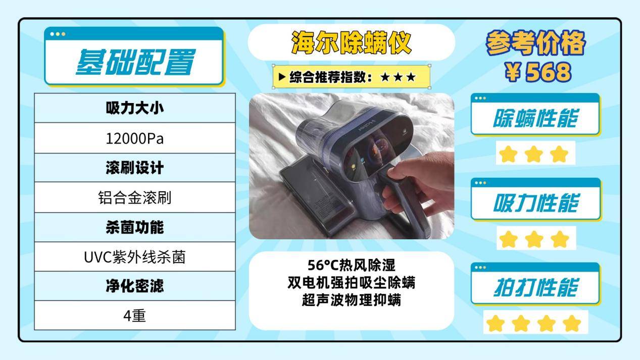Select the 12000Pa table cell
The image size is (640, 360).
135,138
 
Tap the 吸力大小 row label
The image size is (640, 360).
135,108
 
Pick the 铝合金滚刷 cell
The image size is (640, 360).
135,197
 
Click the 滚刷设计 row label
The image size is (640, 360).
135,168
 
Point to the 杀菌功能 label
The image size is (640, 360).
135,227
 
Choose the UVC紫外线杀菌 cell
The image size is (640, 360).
135,257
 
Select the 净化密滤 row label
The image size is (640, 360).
135,286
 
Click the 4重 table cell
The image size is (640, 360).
135,316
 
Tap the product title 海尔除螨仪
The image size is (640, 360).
352,43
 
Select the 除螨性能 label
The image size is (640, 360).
535,119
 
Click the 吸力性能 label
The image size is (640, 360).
535,203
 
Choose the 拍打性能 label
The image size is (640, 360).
535,288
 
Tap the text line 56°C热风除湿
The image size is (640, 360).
352,265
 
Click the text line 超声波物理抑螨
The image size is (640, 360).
352,300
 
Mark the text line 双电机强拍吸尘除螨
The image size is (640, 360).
352,283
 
